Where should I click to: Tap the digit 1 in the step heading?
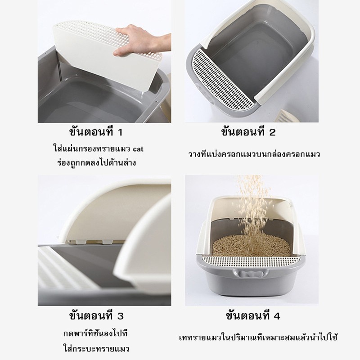(x=120, y=132)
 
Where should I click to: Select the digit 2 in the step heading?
(x=272, y=132)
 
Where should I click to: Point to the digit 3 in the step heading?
(x=120, y=316)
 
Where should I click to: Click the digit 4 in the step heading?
(x=277, y=316)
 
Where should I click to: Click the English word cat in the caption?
(x=138, y=149)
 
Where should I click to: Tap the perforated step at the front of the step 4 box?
(x=251, y=260)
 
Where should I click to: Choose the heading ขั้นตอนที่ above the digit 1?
(x=91, y=132)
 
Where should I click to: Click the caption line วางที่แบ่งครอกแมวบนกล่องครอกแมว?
(x=254, y=154)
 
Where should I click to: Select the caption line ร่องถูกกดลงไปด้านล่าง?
(x=96, y=162)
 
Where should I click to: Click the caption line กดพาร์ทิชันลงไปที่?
(x=95, y=333)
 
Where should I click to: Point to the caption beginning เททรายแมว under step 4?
(x=258, y=337)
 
